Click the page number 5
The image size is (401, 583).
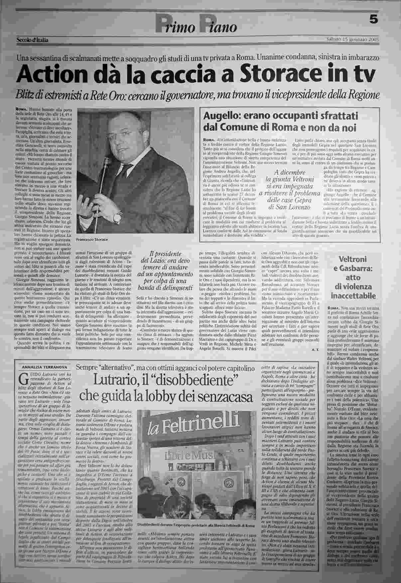click(374, 20)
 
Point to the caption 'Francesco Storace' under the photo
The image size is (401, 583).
click(92, 239)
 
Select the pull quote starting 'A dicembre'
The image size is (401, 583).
click(289, 189)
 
